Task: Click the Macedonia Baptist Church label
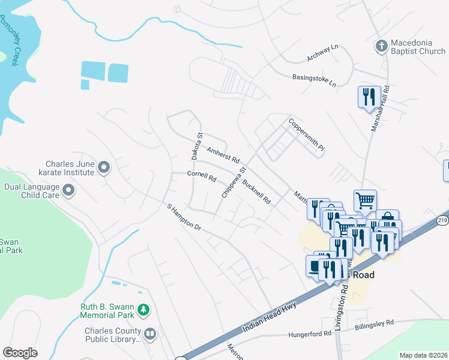click(418, 47)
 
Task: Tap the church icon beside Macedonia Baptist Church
click(381, 46)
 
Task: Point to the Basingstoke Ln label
click(314, 80)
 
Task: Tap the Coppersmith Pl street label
click(306, 134)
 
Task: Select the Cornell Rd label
click(202, 176)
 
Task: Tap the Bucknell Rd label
click(256, 190)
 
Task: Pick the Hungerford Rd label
click(309, 334)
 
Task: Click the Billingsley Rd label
click(373, 323)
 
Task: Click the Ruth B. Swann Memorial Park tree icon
click(143, 310)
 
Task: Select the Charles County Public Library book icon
click(150, 333)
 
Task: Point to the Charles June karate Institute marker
click(104, 167)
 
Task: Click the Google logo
click(20, 353)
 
